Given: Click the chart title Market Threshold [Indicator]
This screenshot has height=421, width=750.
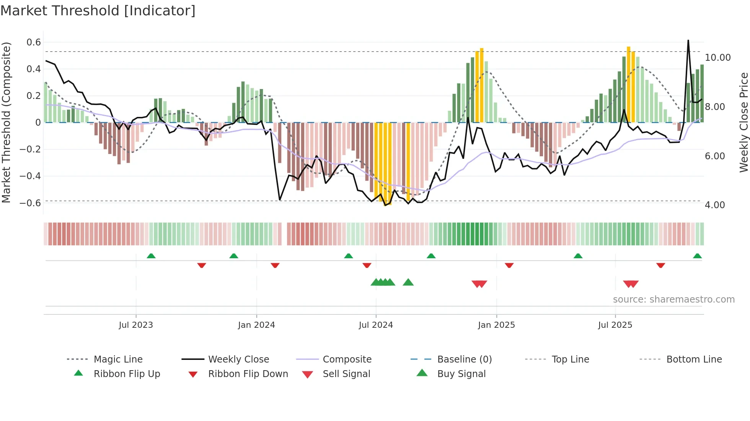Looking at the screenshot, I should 98,11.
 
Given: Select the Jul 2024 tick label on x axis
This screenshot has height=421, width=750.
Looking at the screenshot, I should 376,325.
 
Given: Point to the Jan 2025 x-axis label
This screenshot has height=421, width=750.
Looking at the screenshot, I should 496,325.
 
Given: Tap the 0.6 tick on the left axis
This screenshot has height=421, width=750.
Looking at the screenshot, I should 34,42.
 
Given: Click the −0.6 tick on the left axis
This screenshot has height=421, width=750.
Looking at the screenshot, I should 30,203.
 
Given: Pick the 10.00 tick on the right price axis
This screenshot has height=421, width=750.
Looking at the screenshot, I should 717,58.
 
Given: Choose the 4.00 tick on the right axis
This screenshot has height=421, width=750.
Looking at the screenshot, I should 715,205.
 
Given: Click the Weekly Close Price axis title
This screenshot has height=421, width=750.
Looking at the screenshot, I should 743,122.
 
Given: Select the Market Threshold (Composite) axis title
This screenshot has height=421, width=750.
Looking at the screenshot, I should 6,122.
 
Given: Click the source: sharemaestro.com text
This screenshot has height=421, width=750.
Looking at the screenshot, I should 673,300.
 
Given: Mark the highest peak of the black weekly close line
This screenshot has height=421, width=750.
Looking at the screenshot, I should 688,40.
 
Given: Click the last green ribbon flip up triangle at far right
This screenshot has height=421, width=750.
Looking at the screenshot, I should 697,256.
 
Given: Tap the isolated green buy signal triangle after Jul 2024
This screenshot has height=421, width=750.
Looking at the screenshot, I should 408,282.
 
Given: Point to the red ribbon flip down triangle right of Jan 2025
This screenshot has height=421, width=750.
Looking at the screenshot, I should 509,265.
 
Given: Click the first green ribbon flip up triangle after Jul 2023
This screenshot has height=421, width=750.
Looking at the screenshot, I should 151,256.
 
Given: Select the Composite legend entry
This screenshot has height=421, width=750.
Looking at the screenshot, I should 347,359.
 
